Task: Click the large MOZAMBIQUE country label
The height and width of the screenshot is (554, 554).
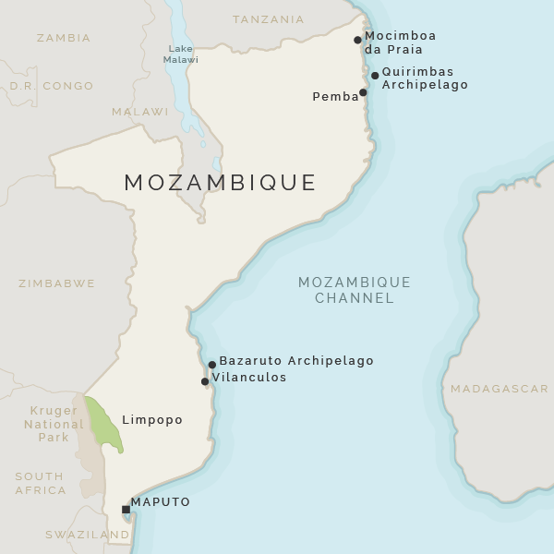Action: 220,183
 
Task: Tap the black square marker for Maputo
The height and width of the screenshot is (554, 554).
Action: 126,509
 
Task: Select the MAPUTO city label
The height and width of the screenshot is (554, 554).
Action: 161,502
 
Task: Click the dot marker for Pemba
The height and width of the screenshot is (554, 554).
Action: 363,92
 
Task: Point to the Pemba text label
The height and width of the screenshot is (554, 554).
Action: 335,97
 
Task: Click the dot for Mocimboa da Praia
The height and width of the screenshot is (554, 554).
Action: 357,40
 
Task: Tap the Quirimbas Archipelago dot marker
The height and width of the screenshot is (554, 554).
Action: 375,76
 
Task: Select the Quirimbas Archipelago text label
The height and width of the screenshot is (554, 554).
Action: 425,78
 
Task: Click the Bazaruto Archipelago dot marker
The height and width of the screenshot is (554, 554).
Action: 211,365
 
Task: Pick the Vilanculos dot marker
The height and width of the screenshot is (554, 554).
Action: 205,381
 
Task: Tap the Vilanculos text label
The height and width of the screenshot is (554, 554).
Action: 249,378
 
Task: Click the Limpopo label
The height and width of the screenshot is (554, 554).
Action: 152,420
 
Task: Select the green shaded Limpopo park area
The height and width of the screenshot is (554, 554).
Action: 103,424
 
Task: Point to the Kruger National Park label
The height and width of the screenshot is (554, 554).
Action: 54,424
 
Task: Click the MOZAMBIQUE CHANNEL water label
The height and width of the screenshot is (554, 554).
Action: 354,290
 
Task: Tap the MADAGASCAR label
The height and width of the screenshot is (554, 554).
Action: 500,389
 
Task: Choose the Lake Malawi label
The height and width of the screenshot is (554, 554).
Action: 181,54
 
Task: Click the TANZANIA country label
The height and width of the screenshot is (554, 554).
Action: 269,19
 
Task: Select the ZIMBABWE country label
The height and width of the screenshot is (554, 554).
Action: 56,283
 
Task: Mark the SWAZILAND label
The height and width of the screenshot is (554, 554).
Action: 88,535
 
